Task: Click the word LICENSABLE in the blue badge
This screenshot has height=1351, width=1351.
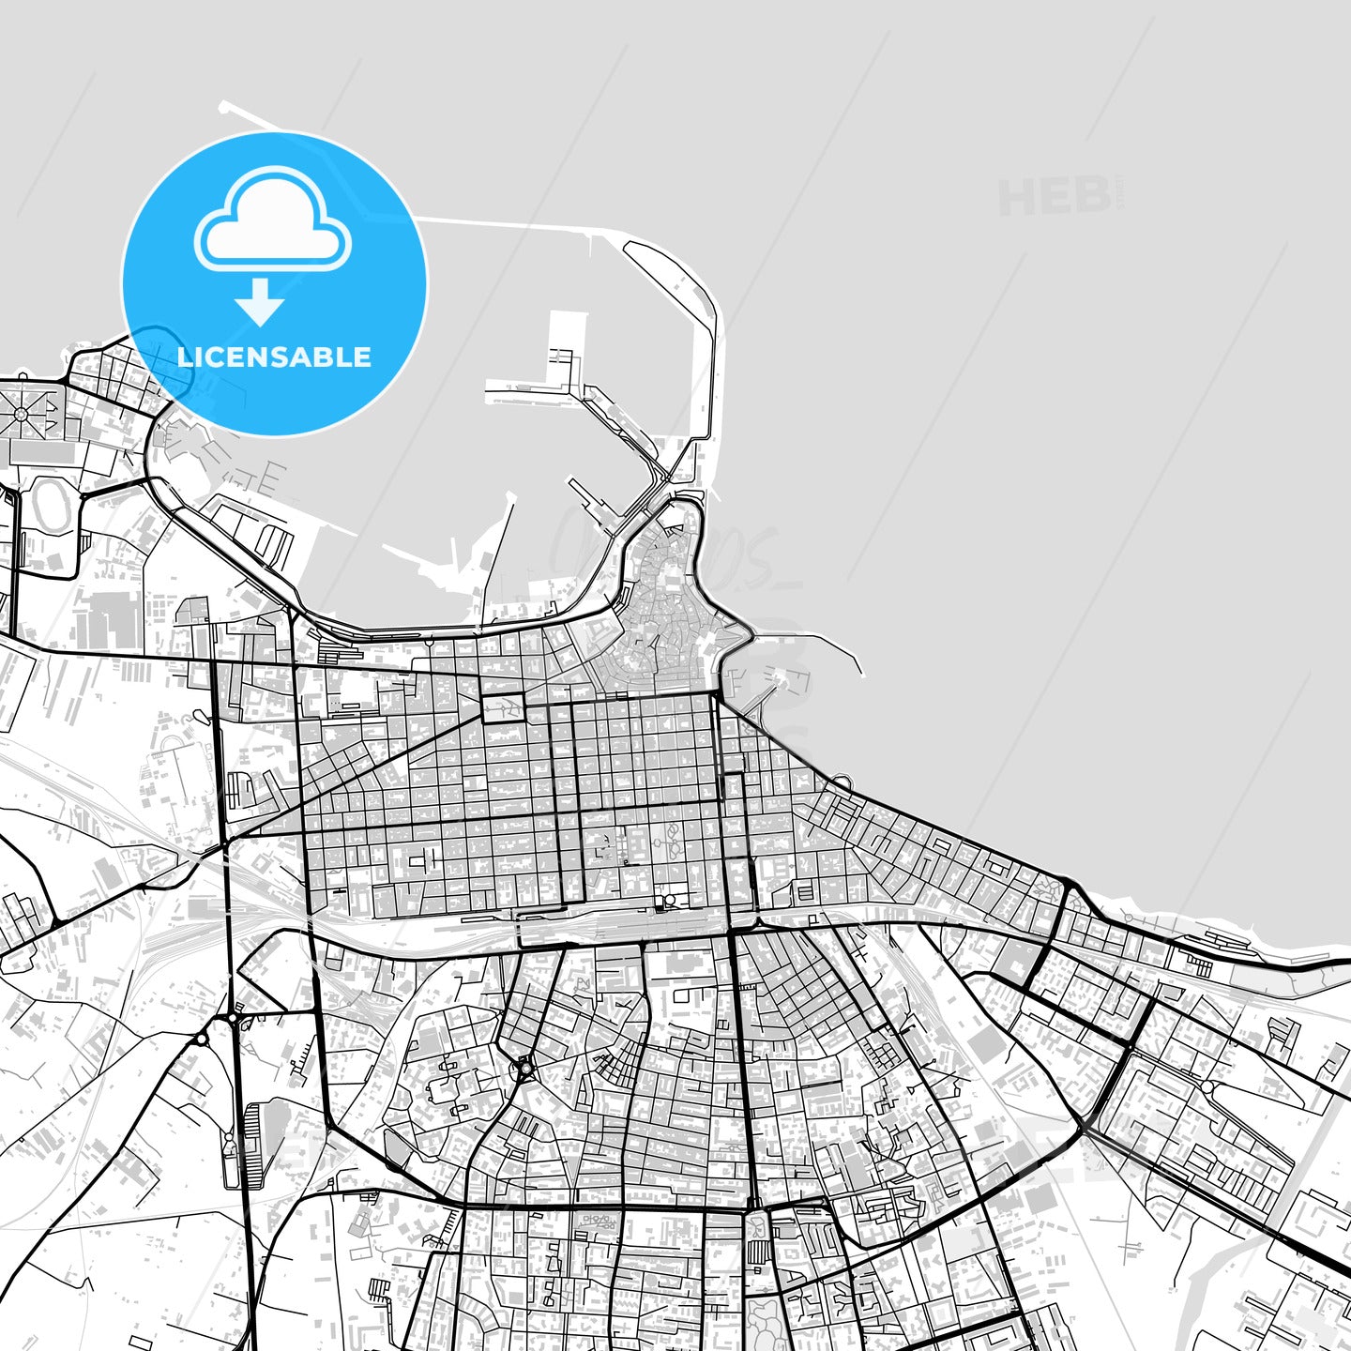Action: point(274,357)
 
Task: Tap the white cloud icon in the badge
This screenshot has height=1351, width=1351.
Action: point(272,221)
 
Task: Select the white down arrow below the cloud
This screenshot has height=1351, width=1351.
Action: point(260,303)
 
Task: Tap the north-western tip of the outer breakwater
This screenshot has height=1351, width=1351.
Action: point(223,106)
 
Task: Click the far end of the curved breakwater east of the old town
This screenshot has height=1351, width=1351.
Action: point(859,672)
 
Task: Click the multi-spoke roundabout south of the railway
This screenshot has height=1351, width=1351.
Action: point(524,1066)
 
